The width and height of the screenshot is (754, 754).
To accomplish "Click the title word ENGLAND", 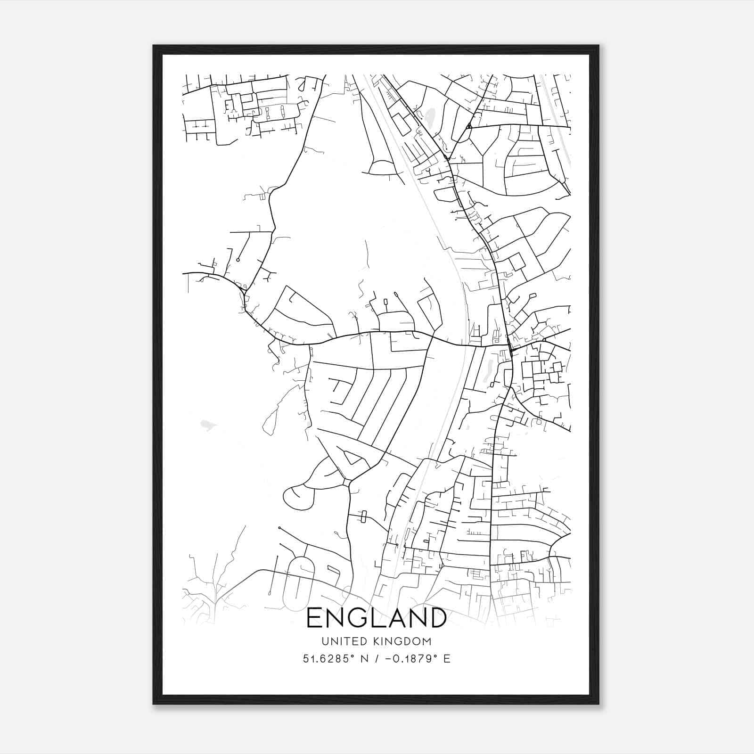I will click(377, 618).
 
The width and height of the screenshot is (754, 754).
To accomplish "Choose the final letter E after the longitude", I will click(447, 658).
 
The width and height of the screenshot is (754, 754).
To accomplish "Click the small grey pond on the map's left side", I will click(206, 425).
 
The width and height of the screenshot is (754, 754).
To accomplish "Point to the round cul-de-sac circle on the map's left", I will click(238, 260).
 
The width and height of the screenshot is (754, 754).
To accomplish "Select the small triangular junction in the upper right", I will click(469, 126).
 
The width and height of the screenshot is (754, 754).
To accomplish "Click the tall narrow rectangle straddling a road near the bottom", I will click(363, 516).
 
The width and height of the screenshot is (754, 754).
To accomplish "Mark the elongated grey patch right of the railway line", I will click(487, 370).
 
